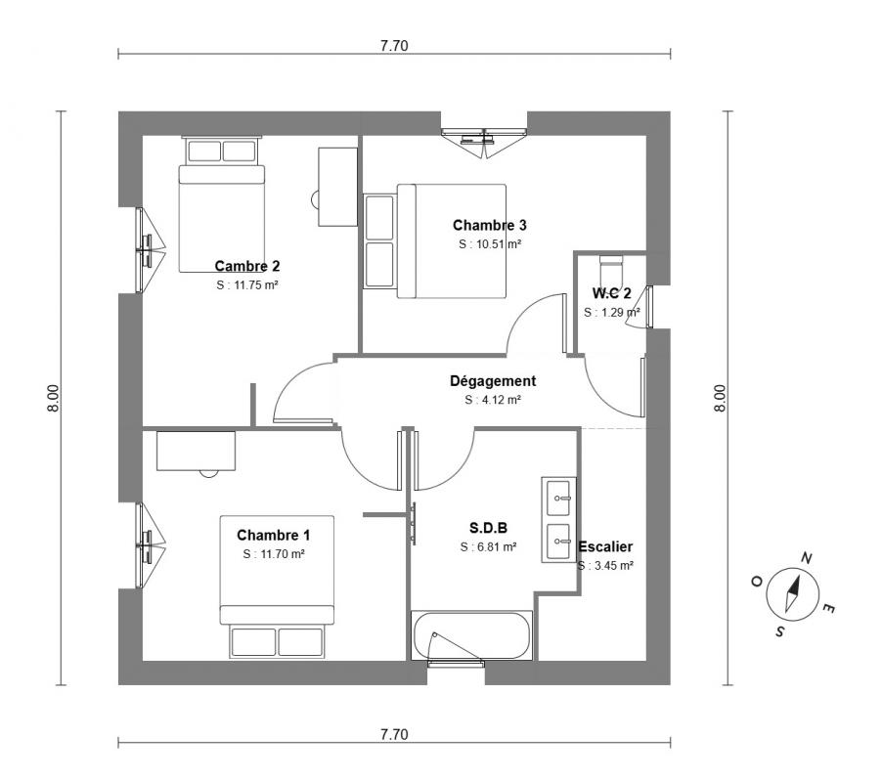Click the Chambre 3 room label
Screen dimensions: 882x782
pyautogui.click(x=489, y=226)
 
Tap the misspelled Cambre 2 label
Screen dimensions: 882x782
pyautogui.click(x=247, y=266)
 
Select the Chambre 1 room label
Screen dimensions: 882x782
pyautogui.click(x=273, y=535)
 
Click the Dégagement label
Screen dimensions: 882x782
pyautogui.click(x=493, y=381)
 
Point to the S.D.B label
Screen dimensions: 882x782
pyautogui.click(x=488, y=528)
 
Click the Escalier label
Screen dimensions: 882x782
pyautogui.click(x=605, y=546)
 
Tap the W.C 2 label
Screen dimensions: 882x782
pyautogui.click(x=611, y=293)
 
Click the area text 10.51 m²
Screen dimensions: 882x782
pyautogui.click(x=489, y=244)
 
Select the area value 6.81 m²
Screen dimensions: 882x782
pyautogui.click(x=488, y=546)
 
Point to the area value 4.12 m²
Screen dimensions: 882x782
pyautogui.click(x=493, y=400)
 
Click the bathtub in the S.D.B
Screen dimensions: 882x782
pyautogui.click(x=471, y=635)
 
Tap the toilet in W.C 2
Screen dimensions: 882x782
pyautogui.click(x=611, y=271)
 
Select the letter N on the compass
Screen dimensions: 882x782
pyautogui.click(x=806, y=558)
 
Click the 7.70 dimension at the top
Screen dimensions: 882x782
pyautogui.click(x=394, y=46)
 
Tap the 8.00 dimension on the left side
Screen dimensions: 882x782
pyautogui.click(x=52, y=398)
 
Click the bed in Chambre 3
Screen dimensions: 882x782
pyautogui.click(x=452, y=240)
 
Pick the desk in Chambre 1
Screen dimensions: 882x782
pyautogui.click(x=196, y=451)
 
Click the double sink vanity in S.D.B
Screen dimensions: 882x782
pyautogui.click(x=559, y=519)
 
